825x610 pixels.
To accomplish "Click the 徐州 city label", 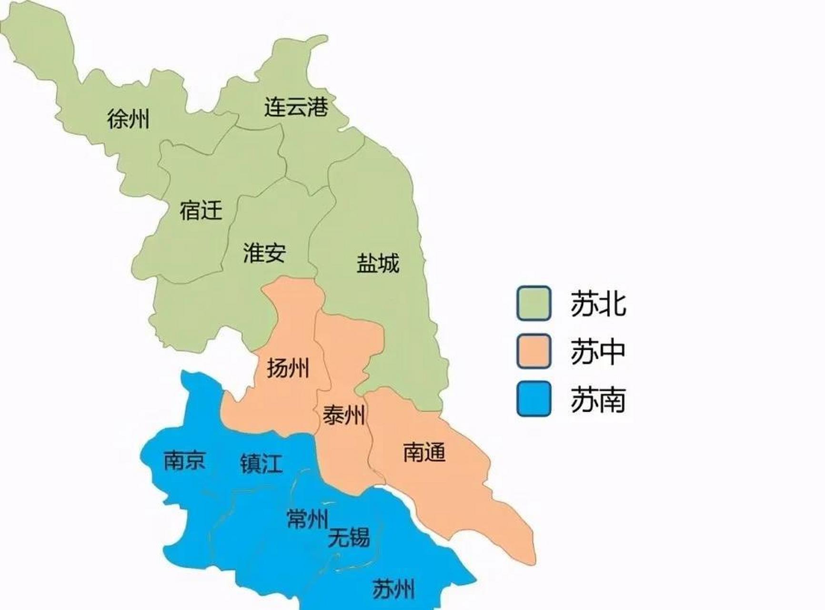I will pyautogui.click(x=128, y=118).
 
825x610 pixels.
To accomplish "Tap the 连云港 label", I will pyautogui.click(x=296, y=107).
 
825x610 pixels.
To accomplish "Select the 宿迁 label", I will pyautogui.click(x=201, y=210).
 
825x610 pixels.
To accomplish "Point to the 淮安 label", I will pyautogui.click(x=264, y=253).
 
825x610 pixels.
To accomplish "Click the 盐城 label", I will pyautogui.click(x=378, y=263).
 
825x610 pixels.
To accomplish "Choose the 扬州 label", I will pyautogui.click(x=288, y=368).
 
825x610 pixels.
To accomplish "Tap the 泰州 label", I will pyautogui.click(x=344, y=415).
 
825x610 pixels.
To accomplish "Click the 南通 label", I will pyautogui.click(x=424, y=452).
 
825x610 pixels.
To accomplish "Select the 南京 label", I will pyautogui.click(x=185, y=460).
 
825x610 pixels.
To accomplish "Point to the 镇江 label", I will pyautogui.click(x=261, y=463).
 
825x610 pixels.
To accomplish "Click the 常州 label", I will pyautogui.click(x=308, y=518).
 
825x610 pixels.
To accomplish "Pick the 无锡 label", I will pyautogui.click(x=349, y=538).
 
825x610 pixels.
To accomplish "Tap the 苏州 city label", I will pyautogui.click(x=393, y=589).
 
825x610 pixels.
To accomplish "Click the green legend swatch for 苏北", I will pyautogui.click(x=534, y=303).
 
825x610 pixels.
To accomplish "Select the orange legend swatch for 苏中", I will pyautogui.click(x=534, y=351).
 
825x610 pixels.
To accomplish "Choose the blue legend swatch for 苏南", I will pyautogui.click(x=534, y=399).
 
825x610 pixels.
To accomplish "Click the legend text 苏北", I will pyautogui.click(x=598, y=304).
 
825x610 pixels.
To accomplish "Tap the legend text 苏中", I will pyautogui.click(x=598, y=352).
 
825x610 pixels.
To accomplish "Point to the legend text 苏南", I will pyautogui.click(x=598, y=399).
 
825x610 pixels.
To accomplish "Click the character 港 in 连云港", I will pyautogui.click(x=318, y=107).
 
